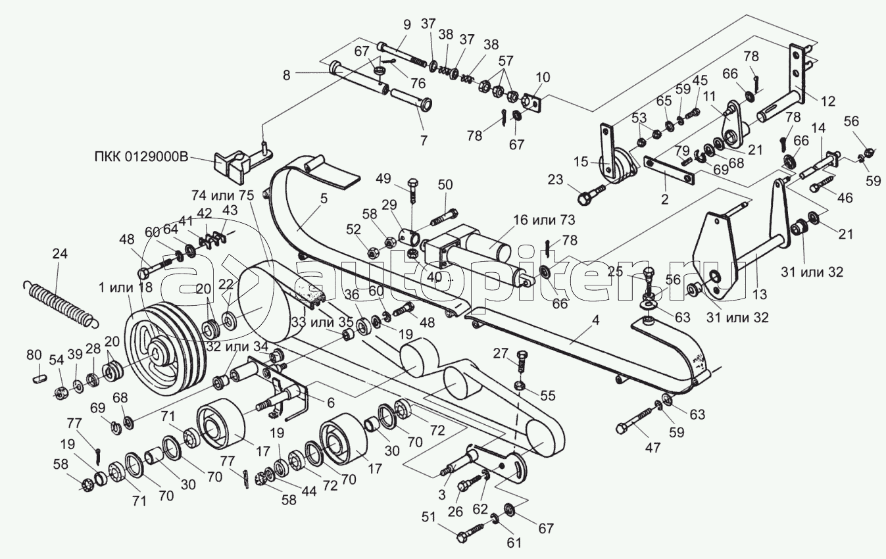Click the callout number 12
click(x=827, y=101)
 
